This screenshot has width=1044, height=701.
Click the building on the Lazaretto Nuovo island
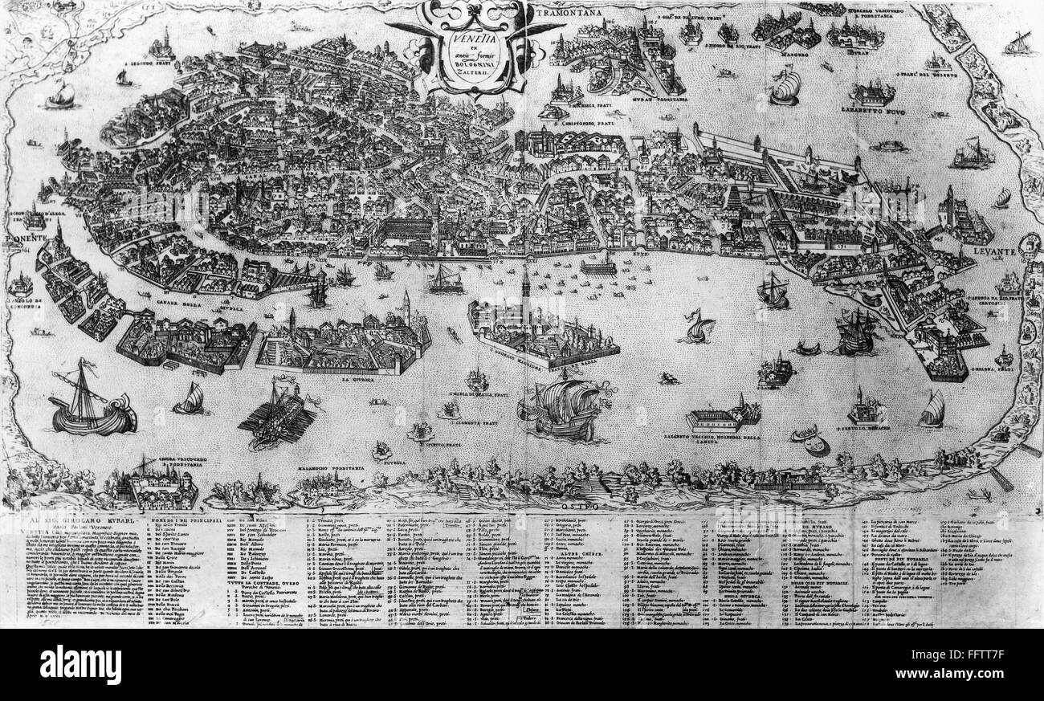(x=871, y=95)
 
